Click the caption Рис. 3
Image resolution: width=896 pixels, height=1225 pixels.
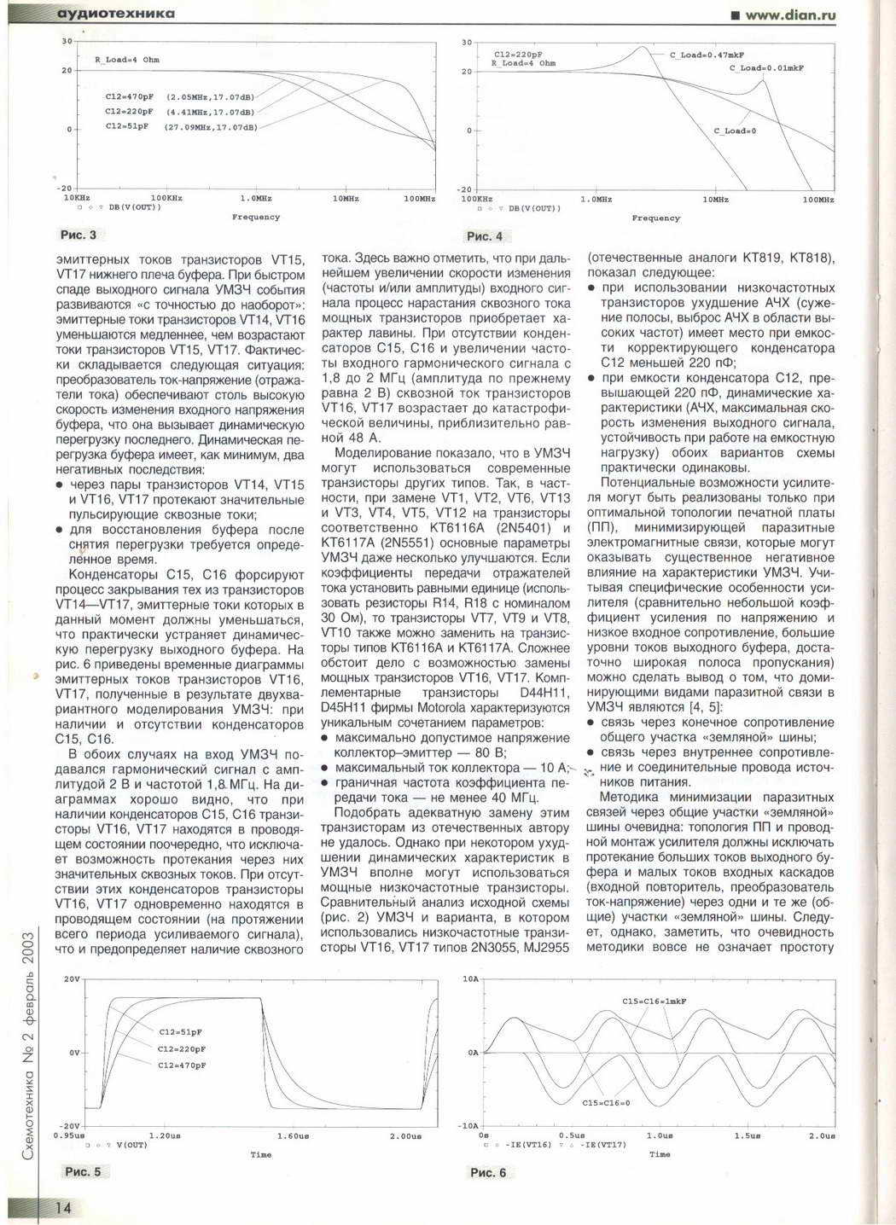pos(79,235)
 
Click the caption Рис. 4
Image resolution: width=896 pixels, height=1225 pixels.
pos(485,236)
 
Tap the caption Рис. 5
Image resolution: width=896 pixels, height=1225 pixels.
pos(83,1171)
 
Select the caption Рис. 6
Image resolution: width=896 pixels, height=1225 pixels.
pos(488,1172)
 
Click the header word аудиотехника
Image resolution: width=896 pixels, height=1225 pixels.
pos(115,14)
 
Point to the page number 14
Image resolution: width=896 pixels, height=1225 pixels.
pos(63,1207)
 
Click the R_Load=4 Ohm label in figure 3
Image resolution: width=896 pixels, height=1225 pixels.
pos(126,60)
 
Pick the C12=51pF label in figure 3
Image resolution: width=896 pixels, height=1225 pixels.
pos(126,126)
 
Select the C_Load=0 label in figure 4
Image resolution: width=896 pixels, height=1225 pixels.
pos(735,131)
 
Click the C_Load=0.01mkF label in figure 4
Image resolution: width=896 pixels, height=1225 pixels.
pos(766,67)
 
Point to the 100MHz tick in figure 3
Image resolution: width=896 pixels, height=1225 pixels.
pos(419,199)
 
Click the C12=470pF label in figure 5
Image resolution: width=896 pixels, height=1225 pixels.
pos(182,1065)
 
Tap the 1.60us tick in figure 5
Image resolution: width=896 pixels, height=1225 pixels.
pos(293,1135)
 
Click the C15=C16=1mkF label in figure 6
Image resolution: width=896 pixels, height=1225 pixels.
pos(655,1001)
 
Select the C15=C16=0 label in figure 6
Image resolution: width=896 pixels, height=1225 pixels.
pos(606,1103)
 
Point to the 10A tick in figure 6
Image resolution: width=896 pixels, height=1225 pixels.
pos(470,978)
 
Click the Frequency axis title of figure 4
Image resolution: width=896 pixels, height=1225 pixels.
pos(655,218)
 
